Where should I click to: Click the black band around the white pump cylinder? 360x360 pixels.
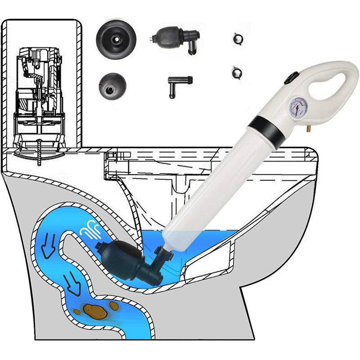point(266,126)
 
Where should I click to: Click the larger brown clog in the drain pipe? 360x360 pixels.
point(93,310)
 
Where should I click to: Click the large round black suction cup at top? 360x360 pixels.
point(112,41)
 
